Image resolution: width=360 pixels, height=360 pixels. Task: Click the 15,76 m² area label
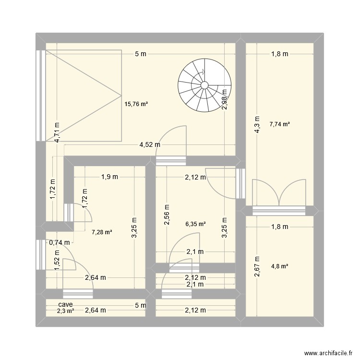(x=136, y=103)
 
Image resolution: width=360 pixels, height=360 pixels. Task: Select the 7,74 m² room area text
(x=279, y=124)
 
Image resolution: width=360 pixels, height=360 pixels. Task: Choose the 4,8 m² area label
(x=279, y=266)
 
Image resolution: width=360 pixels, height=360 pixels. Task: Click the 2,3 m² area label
(x=65, y=311)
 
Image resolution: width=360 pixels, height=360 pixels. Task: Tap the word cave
(x=66, y=305)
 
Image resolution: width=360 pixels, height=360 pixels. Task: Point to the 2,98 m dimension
(x=224, y=100)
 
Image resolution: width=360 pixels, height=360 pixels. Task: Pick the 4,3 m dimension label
(x=257, y=125)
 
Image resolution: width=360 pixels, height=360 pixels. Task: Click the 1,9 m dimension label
(x=109, y=177)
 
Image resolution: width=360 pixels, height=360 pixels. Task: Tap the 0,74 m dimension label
(x=60, y=243)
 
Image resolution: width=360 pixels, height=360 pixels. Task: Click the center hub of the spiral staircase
(x=204, y=85)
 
